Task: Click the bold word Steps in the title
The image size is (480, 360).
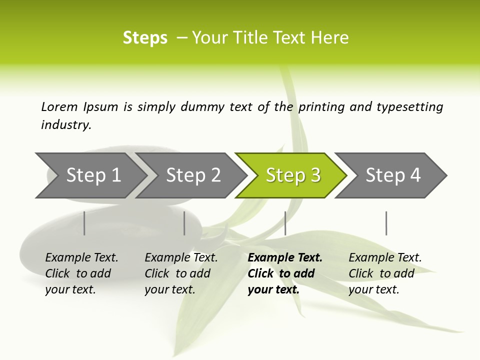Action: coord(145,38)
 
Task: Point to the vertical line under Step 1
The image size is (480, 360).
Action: coord(84,223)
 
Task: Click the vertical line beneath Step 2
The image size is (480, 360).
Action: coord(184,223)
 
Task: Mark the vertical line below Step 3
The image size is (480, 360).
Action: coord(285,223)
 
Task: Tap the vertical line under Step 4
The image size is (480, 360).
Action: coord(386,223)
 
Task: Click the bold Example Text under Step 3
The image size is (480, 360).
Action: coord(285,258)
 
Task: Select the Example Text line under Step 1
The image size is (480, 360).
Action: coord(81,258)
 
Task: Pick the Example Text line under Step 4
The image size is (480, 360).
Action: coord(385,258)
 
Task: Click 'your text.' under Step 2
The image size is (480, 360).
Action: coord(169,289)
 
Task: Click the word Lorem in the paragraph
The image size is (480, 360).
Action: coord(59,106)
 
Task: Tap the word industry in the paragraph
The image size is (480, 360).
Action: coord(66,125)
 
